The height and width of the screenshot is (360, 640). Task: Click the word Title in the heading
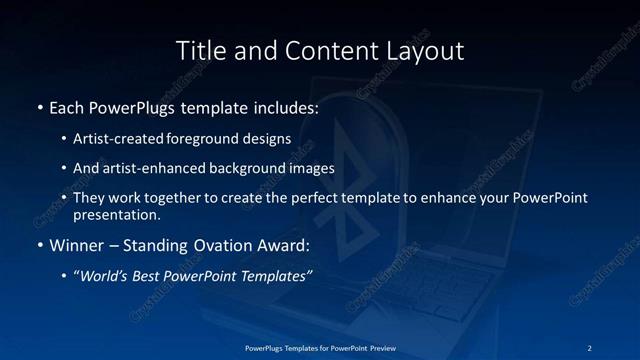click(x=198, y=50)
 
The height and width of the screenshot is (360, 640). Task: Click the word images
click(x=313, y=167)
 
